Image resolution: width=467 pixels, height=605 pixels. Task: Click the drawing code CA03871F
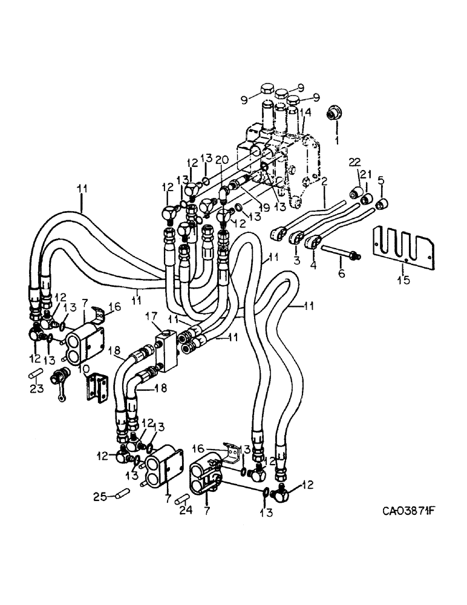410,511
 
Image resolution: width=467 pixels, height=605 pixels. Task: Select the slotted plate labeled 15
402,246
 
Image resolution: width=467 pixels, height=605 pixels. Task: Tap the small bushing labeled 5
382,204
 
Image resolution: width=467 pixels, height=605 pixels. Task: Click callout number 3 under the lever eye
297,260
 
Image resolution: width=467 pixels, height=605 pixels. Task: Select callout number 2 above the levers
324,180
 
